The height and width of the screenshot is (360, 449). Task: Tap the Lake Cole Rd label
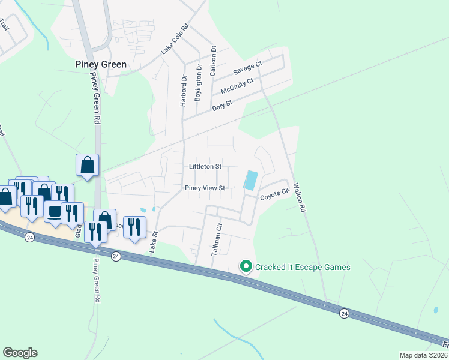(175, 40)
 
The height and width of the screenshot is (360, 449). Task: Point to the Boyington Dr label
(198, 84)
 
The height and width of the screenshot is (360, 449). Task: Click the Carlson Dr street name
(212, 60)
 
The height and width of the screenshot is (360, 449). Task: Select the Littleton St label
(205, 166)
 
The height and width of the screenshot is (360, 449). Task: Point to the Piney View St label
(205, 188)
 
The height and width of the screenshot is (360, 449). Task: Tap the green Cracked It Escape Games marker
(246, 266)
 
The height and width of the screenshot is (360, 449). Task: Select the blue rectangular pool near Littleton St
(250, 180)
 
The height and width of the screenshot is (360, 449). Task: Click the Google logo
(20, 353)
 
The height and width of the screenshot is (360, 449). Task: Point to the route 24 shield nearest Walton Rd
(344, 313)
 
